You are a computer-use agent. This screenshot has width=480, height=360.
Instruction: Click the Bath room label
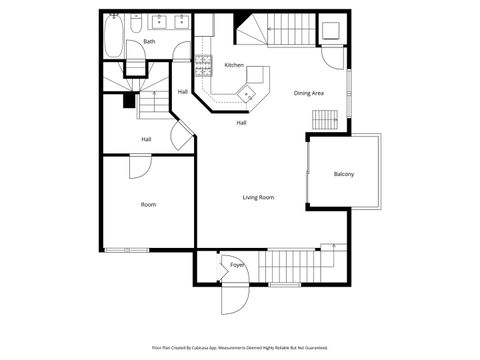[149, 41]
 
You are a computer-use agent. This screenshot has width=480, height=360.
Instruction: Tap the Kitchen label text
[234, 65]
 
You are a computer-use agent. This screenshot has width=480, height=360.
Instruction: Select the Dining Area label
[308, 93]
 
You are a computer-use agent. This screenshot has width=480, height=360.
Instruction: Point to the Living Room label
[258, 197]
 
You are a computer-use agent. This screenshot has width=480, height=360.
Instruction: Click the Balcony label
[343, 174]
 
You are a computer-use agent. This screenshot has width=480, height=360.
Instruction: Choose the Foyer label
[237, 265]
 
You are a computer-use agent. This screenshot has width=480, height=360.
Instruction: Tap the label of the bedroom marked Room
[148, 204]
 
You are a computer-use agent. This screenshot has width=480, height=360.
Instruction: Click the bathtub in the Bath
[113, 38]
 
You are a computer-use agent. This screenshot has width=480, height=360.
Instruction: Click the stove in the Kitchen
[204, 67]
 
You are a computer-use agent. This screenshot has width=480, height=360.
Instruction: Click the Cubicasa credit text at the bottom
[239, 346]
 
